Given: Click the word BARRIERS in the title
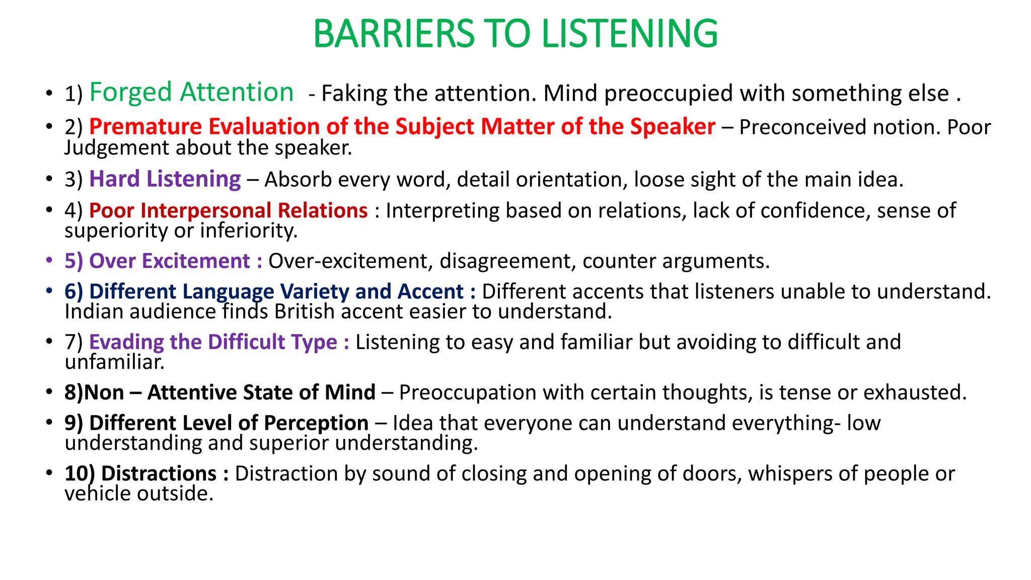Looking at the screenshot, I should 394,34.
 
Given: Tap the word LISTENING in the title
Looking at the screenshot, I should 630,34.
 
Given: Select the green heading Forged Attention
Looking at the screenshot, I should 191,93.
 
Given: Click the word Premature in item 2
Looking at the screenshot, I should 145,126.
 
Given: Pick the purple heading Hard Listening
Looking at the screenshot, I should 165,179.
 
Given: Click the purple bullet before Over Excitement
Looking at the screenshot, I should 49,260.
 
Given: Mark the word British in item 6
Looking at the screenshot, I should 304,312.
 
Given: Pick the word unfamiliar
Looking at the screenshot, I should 114,362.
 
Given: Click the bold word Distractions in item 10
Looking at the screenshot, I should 159,474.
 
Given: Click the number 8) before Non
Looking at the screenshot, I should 74,393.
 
